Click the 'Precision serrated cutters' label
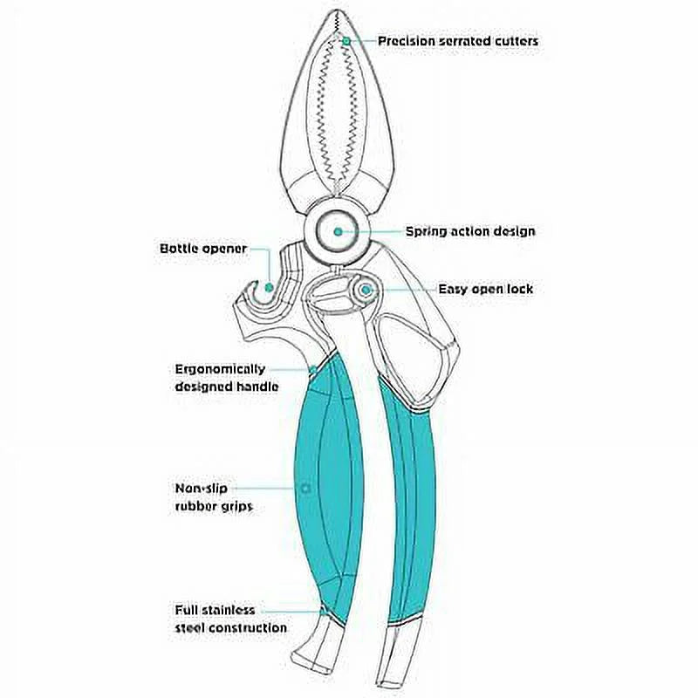click(x=458, y=41)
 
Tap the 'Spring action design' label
click(x=470, y=231)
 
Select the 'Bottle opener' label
click(x=203, y=249)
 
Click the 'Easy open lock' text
click(x=486, y=290)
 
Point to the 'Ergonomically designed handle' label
click(x=227, y=378)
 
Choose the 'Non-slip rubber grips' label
click(x=214, y=497)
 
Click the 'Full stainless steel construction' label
click(x=230, y=619)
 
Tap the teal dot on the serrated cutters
click(x=346, y=41)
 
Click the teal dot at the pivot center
click(x=339, y=231)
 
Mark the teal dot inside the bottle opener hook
click(x=269, y=288)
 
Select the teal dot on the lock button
click(x=366, y=291)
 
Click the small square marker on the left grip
click(x=305, y=489)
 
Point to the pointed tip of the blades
click(x=336, y=11)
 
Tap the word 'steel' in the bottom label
click(x=190, y=628)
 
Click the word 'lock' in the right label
click(x=518, y=290)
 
